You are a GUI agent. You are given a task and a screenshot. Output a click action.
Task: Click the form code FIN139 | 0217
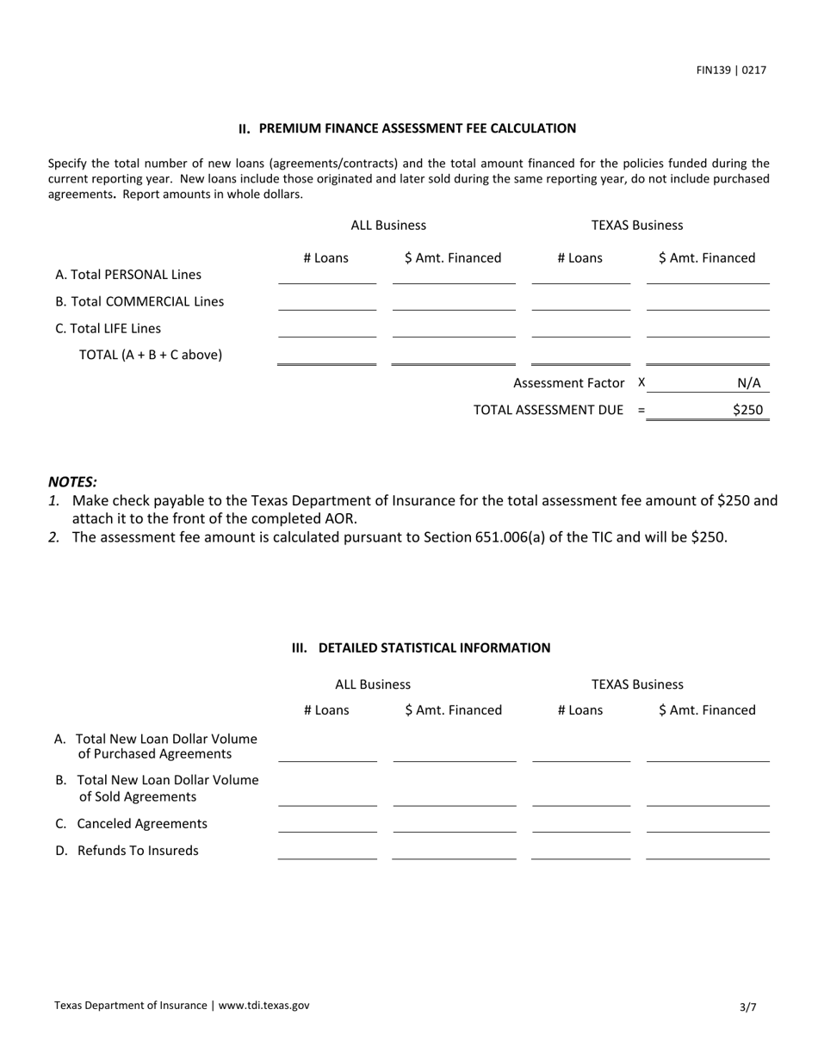click(731, 71)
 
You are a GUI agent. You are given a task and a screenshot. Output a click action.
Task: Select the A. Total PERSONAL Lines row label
click(128, 275)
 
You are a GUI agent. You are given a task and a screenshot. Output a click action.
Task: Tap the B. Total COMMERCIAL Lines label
click(139, 301)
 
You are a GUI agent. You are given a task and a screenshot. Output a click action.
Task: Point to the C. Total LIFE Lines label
click(108, 328)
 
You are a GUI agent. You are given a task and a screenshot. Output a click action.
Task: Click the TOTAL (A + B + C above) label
click(150, 355)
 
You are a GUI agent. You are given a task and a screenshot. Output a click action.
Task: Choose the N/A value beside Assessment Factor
click(748, 383)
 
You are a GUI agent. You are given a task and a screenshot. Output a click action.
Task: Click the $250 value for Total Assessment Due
click(747, 410)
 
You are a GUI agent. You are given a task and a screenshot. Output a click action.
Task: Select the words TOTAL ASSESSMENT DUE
click(548, 410)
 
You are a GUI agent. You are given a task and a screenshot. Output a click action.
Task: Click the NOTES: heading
click(72, 482)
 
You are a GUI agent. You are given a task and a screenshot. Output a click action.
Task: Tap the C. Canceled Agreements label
click(132, 824)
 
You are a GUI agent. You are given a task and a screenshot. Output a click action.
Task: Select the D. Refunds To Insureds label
click(127, 851)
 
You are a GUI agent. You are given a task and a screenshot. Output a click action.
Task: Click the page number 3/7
click(747, 1006)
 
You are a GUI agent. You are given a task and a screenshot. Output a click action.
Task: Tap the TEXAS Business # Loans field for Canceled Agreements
click(581, 824)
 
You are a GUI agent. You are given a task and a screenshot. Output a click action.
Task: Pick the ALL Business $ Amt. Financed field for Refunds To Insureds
click(454, 851)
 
